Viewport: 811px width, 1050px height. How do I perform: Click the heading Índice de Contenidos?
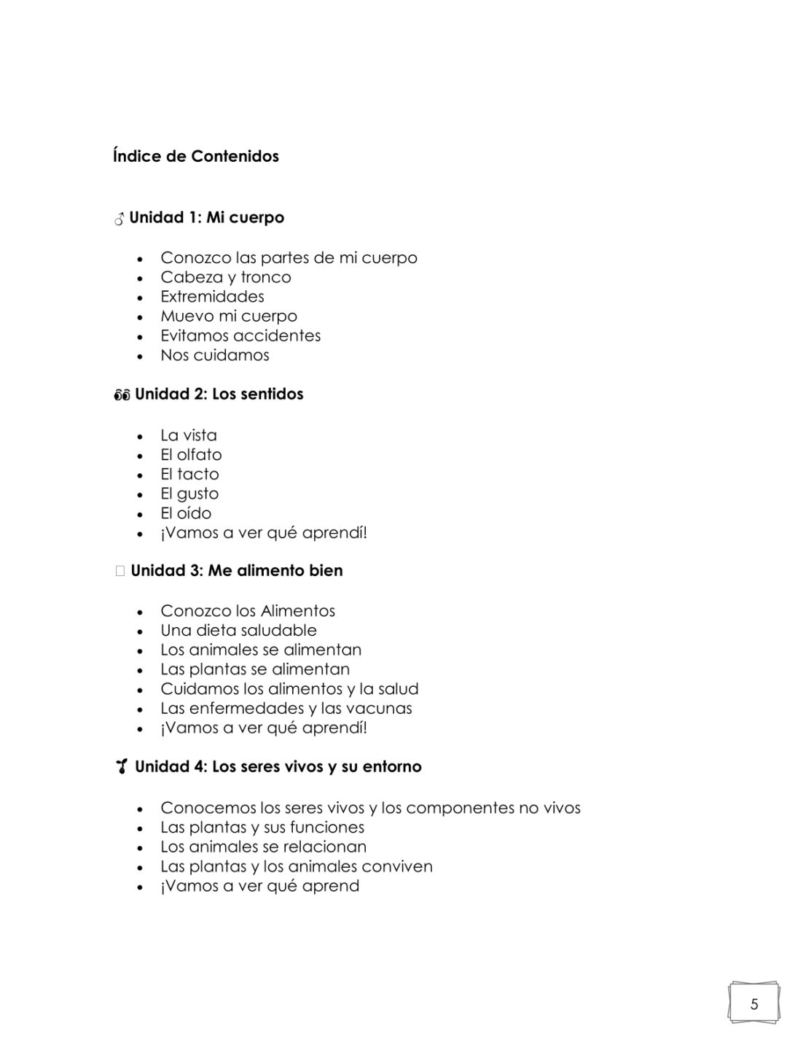195,156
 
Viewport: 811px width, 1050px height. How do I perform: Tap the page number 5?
754,1004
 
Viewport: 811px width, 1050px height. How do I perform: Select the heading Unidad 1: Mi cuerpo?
206,217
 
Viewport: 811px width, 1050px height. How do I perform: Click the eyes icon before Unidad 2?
121,395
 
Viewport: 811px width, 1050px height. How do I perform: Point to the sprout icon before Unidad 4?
122,766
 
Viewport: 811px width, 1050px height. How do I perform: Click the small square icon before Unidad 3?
120,571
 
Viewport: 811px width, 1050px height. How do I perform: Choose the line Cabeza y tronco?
225,277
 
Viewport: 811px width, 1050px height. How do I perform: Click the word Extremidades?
212,297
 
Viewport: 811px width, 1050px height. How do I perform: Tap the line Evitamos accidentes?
240,335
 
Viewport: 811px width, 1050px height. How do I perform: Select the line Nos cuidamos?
215,355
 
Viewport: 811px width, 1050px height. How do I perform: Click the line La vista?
188,435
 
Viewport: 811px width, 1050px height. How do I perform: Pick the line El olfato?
191,454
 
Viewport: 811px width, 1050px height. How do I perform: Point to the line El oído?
186,513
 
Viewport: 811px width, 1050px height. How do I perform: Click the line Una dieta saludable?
238,630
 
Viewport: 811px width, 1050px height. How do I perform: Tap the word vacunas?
379,708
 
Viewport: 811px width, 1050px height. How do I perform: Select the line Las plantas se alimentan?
255,669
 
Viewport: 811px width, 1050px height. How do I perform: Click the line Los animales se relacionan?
263,847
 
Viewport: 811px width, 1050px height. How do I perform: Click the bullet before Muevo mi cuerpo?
140,317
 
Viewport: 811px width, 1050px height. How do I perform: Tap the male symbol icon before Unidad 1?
119,218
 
